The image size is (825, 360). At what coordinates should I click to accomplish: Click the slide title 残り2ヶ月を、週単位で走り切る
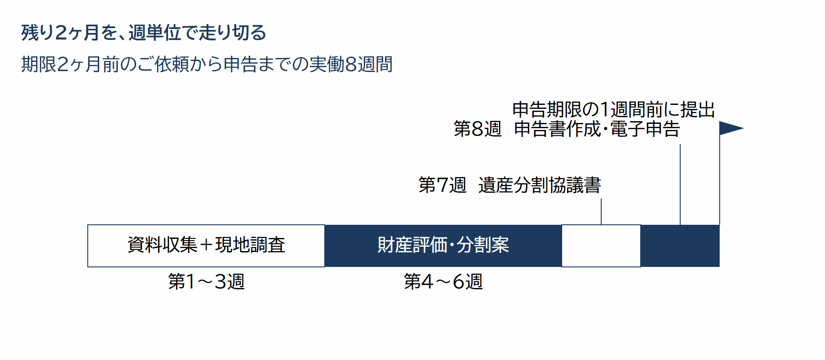tap(144, 32)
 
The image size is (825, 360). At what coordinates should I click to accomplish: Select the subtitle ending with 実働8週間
tap(207, 64)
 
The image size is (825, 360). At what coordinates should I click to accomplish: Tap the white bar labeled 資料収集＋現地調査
tap(206, 246)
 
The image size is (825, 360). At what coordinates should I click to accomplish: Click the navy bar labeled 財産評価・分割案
tap(443, 246)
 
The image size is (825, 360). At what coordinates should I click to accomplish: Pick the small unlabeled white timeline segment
tap(601, 246)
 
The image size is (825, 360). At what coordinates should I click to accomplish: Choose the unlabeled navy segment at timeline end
tap(680, 246)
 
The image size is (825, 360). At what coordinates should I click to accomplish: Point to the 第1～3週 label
tap(206, 281)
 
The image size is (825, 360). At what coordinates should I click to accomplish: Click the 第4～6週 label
tap(443, 281)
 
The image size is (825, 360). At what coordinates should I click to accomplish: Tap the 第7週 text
tap(442, 185)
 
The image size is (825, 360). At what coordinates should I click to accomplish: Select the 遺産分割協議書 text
tap(540, 185)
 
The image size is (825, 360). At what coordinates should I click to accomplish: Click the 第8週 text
tap(477, 129)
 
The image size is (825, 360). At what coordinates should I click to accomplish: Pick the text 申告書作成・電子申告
tap(597, 129)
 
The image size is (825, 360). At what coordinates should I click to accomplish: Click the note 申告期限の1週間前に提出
tap(613, 109)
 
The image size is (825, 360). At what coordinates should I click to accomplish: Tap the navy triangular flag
tap(729, 128)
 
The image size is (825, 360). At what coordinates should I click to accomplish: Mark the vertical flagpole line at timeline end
tap(720, 173)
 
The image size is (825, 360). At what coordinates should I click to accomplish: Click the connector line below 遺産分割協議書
tap(601, 212)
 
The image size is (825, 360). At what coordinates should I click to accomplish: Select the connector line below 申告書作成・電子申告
tap(680, 184)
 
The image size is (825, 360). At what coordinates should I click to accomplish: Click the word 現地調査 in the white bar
tap(250, 245)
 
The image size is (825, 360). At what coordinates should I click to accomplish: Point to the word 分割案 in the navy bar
tap(483, 245)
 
